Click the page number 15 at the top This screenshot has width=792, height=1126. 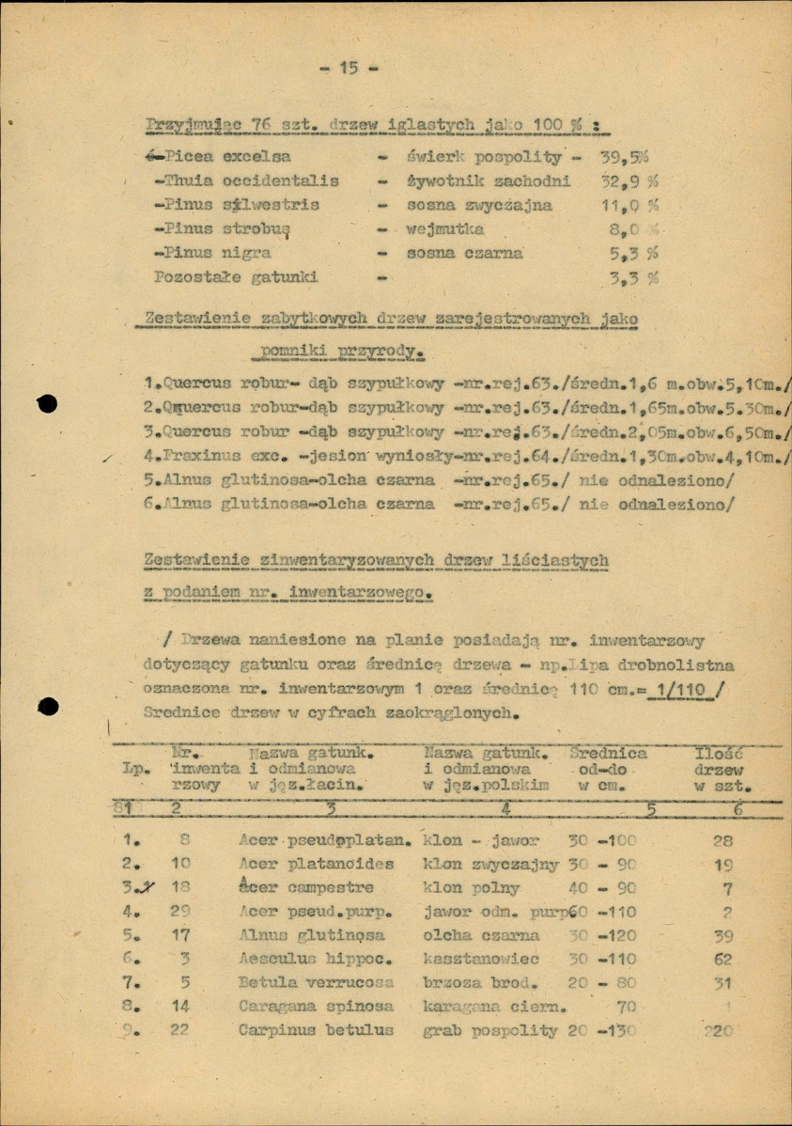348,68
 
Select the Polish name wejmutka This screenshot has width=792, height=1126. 445,228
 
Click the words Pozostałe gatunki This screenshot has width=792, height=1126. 236,277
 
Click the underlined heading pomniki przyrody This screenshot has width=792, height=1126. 338,353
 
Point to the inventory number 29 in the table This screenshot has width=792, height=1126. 179,911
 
